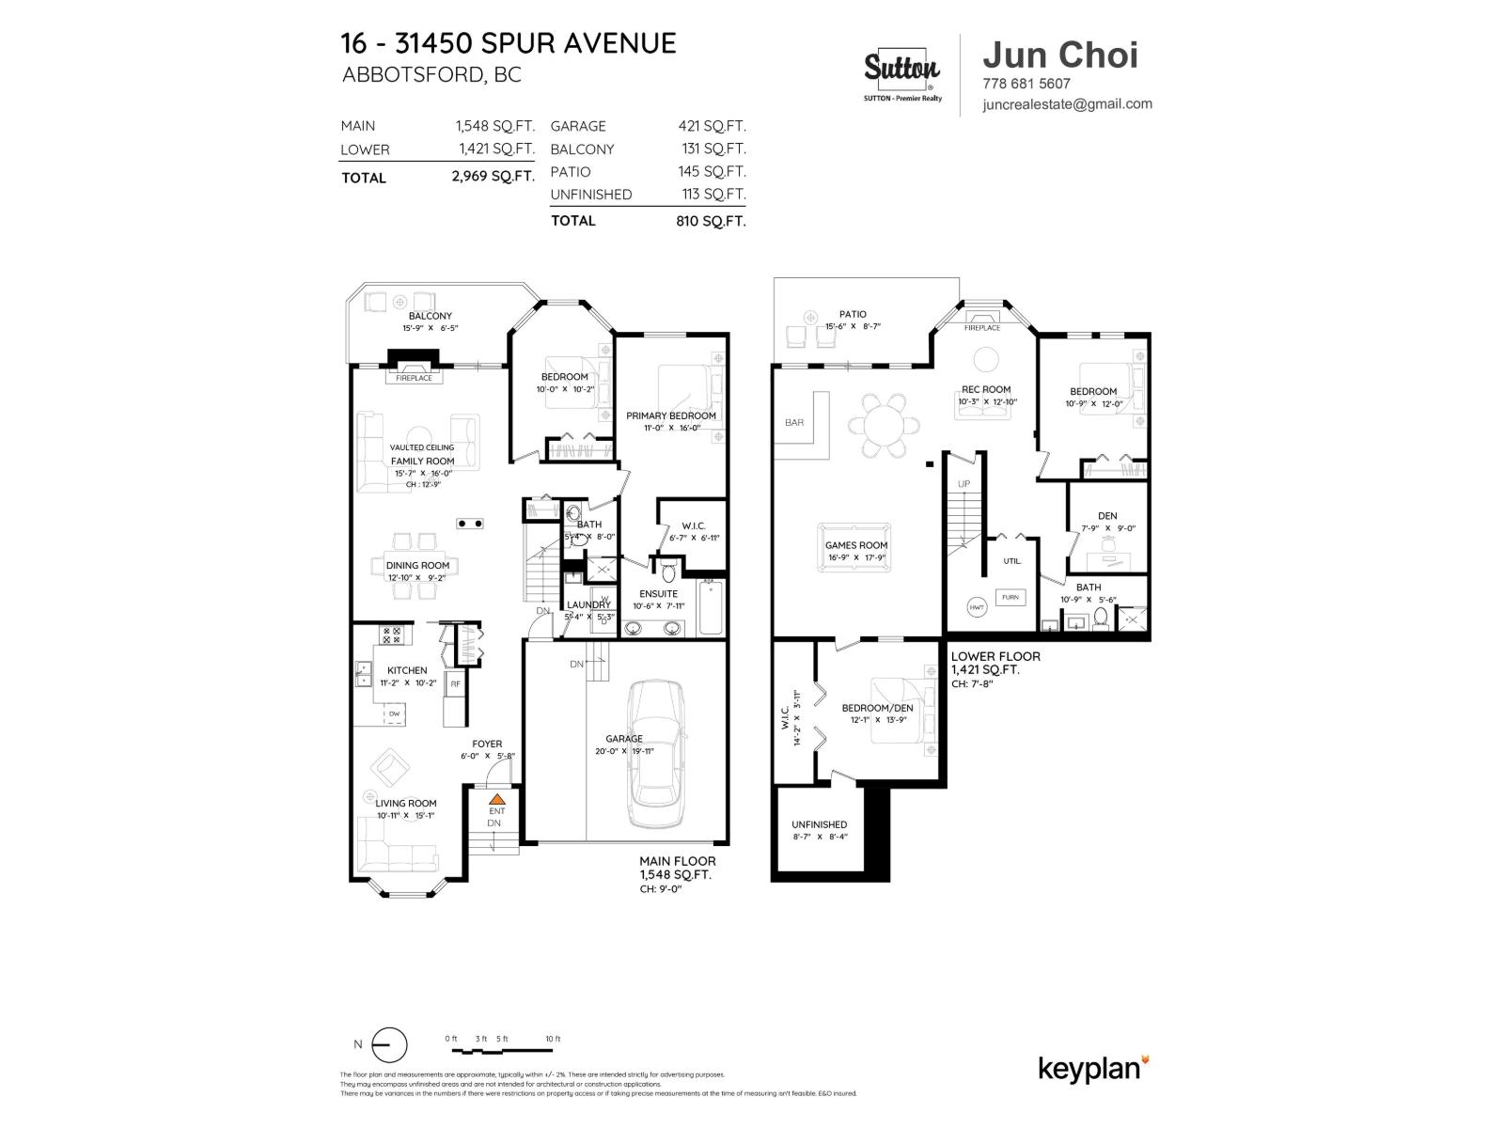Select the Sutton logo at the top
pyautogui.click(x=901, y=70)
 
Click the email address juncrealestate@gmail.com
pyautogui.click(x=1067, y=104)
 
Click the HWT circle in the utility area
pyautogui.click(x=977, y=608)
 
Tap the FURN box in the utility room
pyautogui.click(x=1010, y=597)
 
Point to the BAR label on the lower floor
pyautogui.click(x=794, y=423)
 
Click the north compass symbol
pyautogui.click(x=388, y=1045)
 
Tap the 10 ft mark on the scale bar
pyautogui.click(x=552, y=1039)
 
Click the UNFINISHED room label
pyautogui.click(x=819, y=824)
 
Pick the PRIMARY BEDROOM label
pyautogui.click(x=671, y=415)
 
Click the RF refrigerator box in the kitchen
pyautogui.click(x=455, y=683)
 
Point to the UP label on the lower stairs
pyautogui.click(x=963, y=484)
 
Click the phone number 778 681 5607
pyautogui.click(x=1026, y=84)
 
